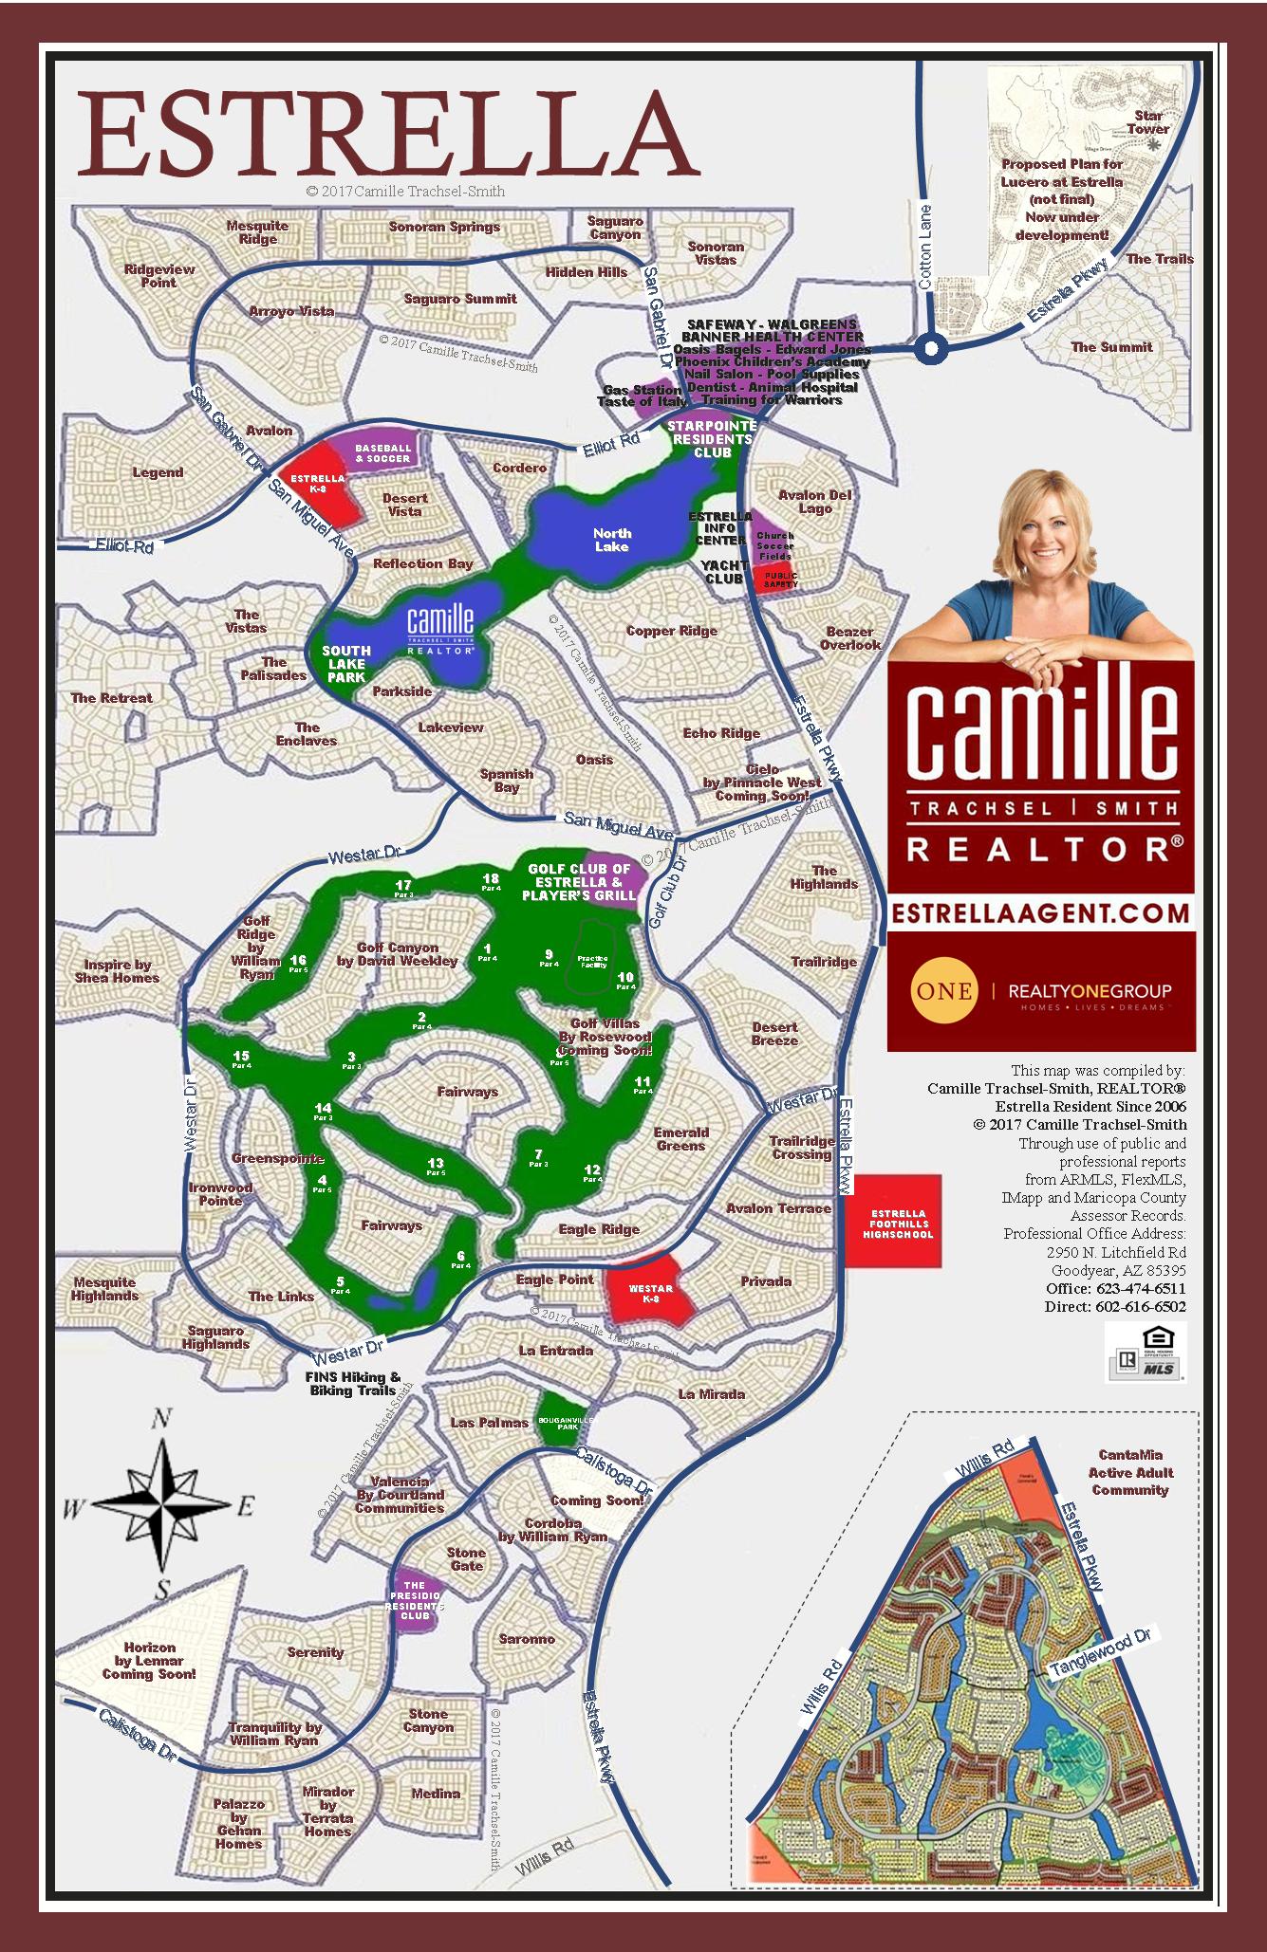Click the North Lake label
(611, 540)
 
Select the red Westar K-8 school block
(653, 1291)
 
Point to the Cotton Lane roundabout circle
(932, 348)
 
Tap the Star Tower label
(1148, 122)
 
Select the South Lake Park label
(345, 664)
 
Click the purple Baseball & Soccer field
(382, 452)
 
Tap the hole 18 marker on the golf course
(491, 882)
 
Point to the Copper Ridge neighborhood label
(671, 631)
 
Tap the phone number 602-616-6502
(1141, 1306)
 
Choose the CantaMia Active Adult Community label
(1130, 1472)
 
